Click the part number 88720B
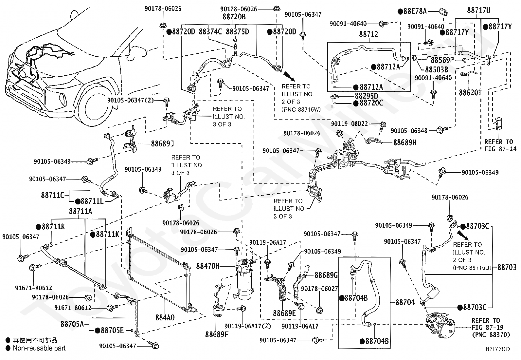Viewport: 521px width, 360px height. (234, 17)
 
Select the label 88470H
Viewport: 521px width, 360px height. (208, 266)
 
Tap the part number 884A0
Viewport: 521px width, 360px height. (165, 317)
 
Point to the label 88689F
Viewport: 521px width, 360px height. (217, 334)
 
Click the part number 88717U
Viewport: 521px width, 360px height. (479, 10)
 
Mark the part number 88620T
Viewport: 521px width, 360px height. (470, 93)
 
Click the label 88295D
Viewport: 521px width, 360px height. (366, 96)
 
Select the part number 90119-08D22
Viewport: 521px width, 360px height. (349, 123)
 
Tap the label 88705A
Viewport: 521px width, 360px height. (72, 324)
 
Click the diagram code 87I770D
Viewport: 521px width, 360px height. (498, 349)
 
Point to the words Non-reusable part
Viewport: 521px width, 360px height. (39, 348)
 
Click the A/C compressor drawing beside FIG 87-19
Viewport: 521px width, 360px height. (440, 325)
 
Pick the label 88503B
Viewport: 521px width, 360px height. (437, 69)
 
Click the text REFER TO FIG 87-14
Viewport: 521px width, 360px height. (500, 145)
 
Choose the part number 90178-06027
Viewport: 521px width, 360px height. (319, 289)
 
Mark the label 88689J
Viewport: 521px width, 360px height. (162, 144)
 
